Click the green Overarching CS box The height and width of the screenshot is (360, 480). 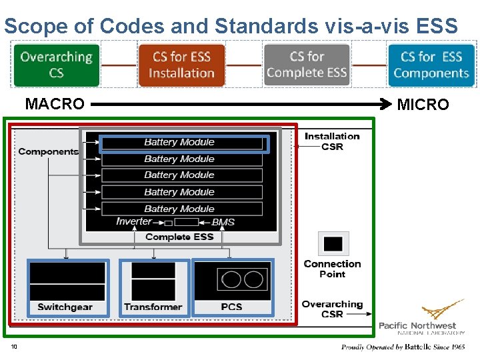(x=56, y=65)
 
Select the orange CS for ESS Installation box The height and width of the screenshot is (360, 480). (x=181, y=65)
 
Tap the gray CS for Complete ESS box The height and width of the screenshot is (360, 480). (x=307, y=65)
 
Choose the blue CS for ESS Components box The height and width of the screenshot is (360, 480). (x=431, y=65)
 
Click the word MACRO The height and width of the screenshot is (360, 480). (x=55, y=104)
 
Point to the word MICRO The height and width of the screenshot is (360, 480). (x=423, y=105)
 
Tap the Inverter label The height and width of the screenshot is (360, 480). (x=134, y=221)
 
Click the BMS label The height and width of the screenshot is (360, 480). (x=223, y=222)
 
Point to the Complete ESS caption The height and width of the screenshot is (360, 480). (x=179, y=237)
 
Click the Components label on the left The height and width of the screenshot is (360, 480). (x=48, y=151)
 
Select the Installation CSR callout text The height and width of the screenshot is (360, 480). (x=332, y=141)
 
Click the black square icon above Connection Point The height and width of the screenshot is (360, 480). (x=333, y=244)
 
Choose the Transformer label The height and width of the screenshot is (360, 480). (x=153, y=307)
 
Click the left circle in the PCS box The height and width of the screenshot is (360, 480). (x=231, y=279)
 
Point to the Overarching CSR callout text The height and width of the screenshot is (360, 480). (x=332, y=309)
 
